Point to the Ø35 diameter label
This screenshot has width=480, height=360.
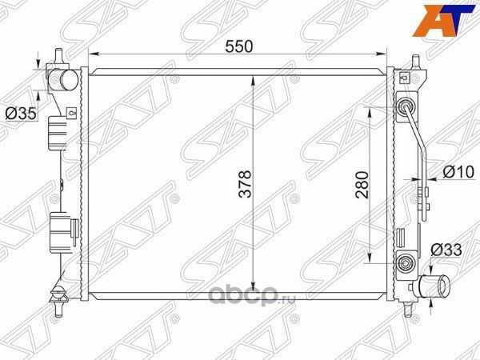[21, 114]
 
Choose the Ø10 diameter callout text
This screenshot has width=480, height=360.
[458, 170]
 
